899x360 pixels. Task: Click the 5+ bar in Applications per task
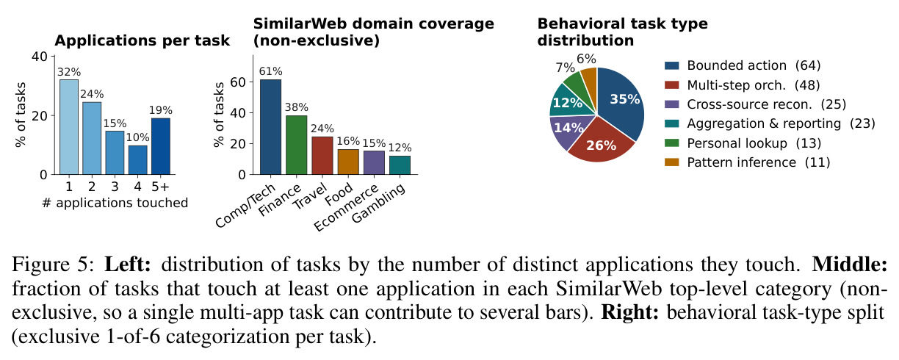click(x=161, y=146)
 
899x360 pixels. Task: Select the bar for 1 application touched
click(x=69, y=127)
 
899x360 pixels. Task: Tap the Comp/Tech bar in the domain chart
click(x=270, y=127)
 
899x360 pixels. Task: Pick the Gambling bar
click(x=400, y=165)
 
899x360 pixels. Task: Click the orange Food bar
click(x=348, y=162)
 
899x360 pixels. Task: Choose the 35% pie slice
click(x=620, y=102)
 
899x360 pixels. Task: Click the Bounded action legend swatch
click(x=671, y=65)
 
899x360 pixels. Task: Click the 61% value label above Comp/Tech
click(x=270, y=71)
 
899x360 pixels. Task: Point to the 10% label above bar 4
click(x=137, y=137)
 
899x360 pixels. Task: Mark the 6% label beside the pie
click(x=586, y=60)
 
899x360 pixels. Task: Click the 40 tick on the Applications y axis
click(x=40, y=57)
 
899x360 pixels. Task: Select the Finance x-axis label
click(x=280, y=199)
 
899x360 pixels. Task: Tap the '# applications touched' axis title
click(x=115, y=203)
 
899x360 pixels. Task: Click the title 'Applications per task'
click(x=142, y=40)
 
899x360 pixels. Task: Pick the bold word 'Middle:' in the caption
click(x=850, y=264)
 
